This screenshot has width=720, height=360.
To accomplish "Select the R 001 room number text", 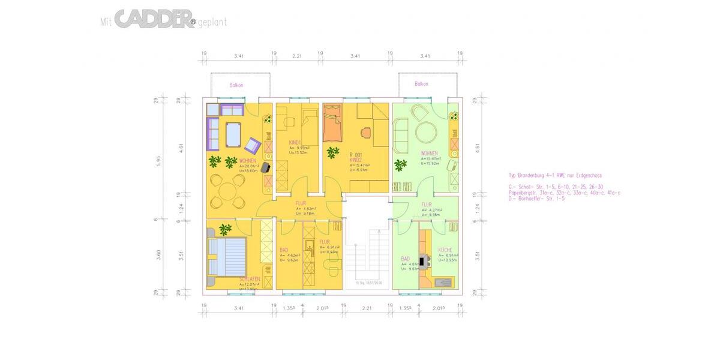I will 356,155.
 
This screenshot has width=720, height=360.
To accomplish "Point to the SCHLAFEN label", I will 249,280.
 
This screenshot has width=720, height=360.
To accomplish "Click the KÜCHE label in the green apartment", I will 445,250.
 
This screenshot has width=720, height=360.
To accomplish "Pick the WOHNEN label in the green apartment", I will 429,154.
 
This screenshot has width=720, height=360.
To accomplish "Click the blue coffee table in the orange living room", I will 233,134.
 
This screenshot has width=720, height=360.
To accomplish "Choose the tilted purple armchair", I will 252,145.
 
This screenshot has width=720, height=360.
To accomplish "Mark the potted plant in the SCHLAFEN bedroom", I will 225,228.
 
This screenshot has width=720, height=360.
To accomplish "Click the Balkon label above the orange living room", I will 236,85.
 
